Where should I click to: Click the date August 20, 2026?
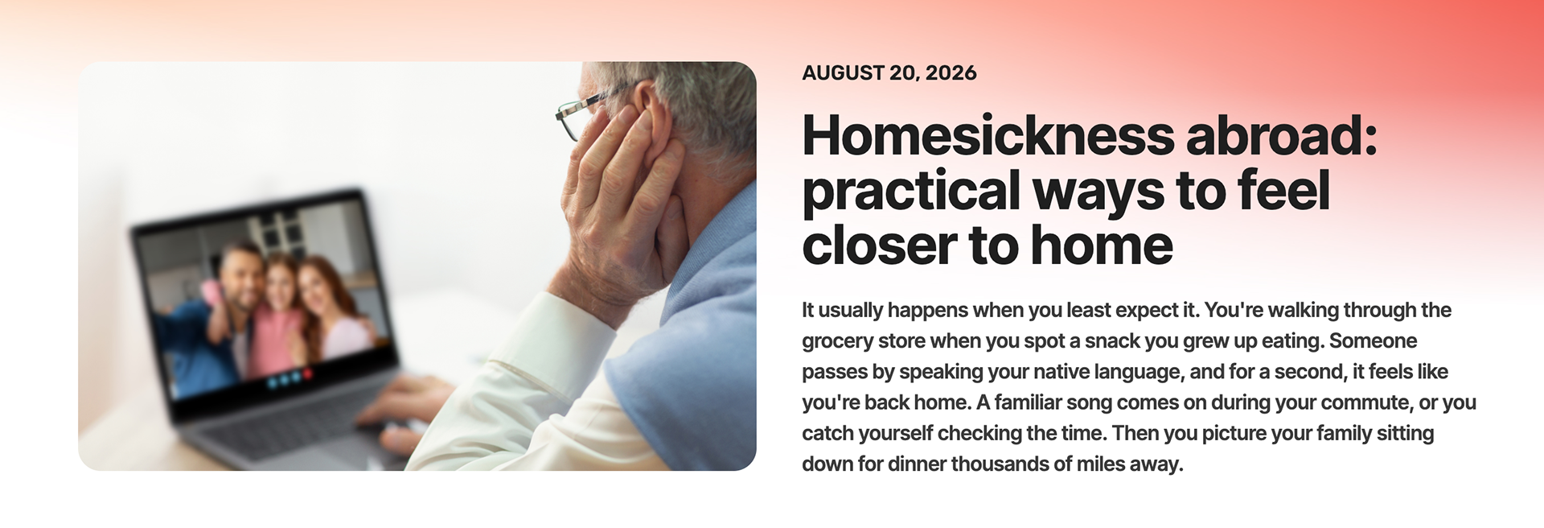point(889,73)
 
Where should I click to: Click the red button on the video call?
point(308,374)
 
